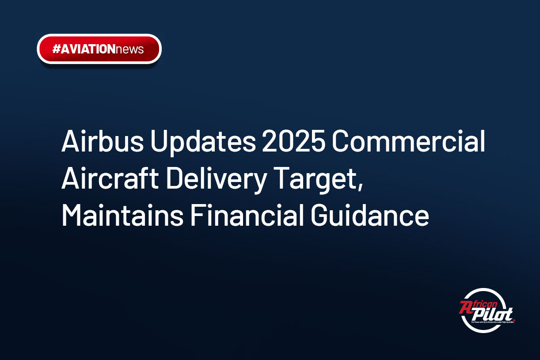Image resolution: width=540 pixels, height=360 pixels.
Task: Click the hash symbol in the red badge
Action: click(x=56, y=49)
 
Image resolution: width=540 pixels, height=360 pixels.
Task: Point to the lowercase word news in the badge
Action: click(x=129, y=49)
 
